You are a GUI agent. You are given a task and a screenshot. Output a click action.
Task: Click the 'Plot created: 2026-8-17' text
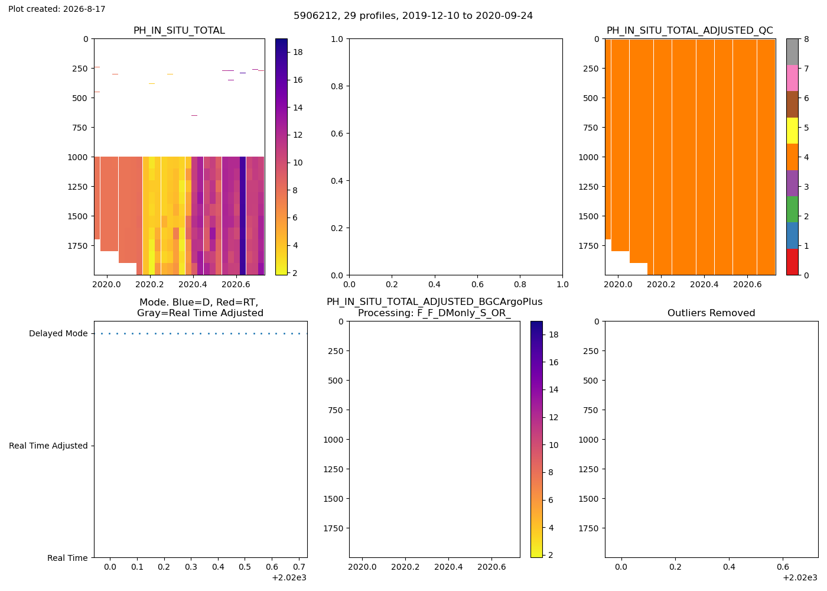pyautogui.click(x=57, y=9)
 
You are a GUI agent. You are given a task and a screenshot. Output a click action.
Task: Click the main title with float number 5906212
pyautogui.click(x=413, y=16)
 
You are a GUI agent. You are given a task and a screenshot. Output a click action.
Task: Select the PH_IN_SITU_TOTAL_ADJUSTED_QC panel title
pyautogui.click(x=690, y=31)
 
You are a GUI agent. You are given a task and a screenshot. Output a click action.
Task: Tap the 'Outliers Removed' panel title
pyautogui.click(x=711, y=313)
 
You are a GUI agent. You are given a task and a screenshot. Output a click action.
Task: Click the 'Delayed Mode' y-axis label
pyautogui.click(x=58, y=333)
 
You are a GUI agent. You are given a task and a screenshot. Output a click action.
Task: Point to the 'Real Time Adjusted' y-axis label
pyautogui.click(x=48, y=446)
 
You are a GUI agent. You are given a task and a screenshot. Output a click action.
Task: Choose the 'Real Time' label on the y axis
pyautogui.click(x=67, y=558)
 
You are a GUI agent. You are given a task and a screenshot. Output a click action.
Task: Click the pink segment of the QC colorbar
pyautogui.click(x=792, y=78)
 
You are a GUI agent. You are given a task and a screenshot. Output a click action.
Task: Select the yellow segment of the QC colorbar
pyautogui.click(x=792, y=131)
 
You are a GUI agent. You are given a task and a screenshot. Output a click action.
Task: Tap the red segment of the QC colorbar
pyautogui.click(x=792, y=262)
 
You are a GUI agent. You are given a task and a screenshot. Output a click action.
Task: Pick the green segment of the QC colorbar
pyautogui.click(x=792, y=209)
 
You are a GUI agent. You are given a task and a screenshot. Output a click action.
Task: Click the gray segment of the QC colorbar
pyautogui.click(x=792, y=52)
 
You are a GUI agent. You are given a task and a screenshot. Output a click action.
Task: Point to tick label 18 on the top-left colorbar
pyautogui.click(x=298, y=53)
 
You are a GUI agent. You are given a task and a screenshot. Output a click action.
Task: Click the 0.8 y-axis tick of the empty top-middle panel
pyautogui.click(x=337, y=86)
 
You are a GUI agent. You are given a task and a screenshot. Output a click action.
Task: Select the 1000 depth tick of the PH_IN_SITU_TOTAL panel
pyautogui.click(x=78, y=157)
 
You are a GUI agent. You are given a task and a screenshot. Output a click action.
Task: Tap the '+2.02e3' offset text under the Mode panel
pyautogui.click(x=289, y=578)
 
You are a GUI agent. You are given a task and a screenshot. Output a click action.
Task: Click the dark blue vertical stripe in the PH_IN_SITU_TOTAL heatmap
pyautogui.click(x=243, y=216)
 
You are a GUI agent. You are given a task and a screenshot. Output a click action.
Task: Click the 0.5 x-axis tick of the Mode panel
pyautogui.click(x=245, y=567)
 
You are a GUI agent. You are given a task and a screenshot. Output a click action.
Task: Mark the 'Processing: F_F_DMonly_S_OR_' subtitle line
pyautogui.click(x=435, y=313)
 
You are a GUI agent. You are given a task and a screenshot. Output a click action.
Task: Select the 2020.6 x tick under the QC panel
pyautogui.click(x=747, y=284)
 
